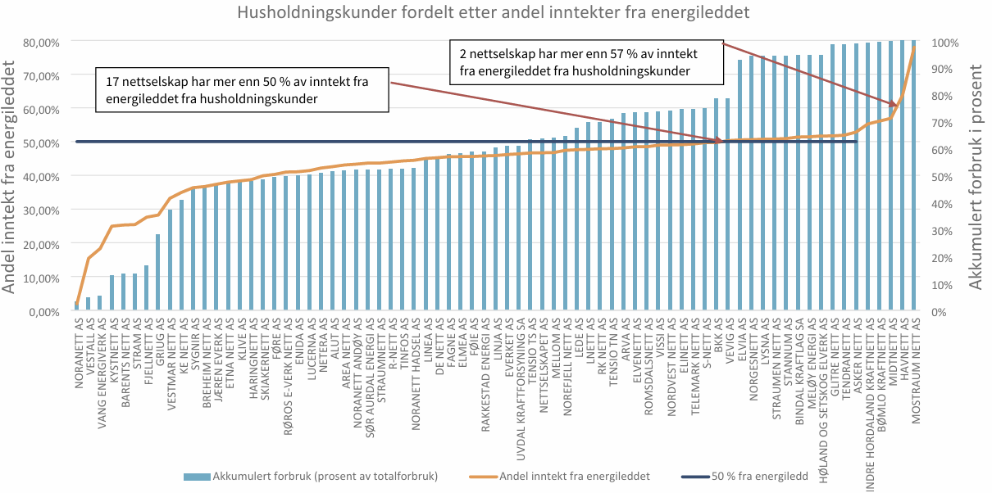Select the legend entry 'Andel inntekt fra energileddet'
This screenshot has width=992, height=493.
point(574,476)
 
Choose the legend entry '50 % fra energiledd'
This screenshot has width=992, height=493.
point(759,476)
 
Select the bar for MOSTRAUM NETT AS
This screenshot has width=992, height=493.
point(914,176)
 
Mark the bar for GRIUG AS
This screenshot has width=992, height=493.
point(158,274)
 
